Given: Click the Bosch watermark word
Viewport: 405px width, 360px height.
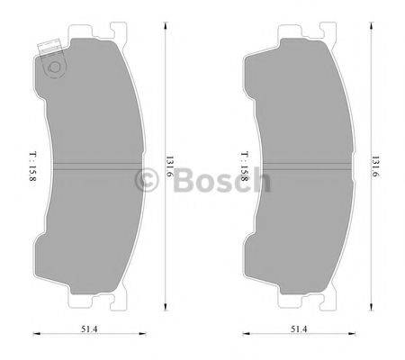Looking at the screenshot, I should [x=220, y=181].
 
